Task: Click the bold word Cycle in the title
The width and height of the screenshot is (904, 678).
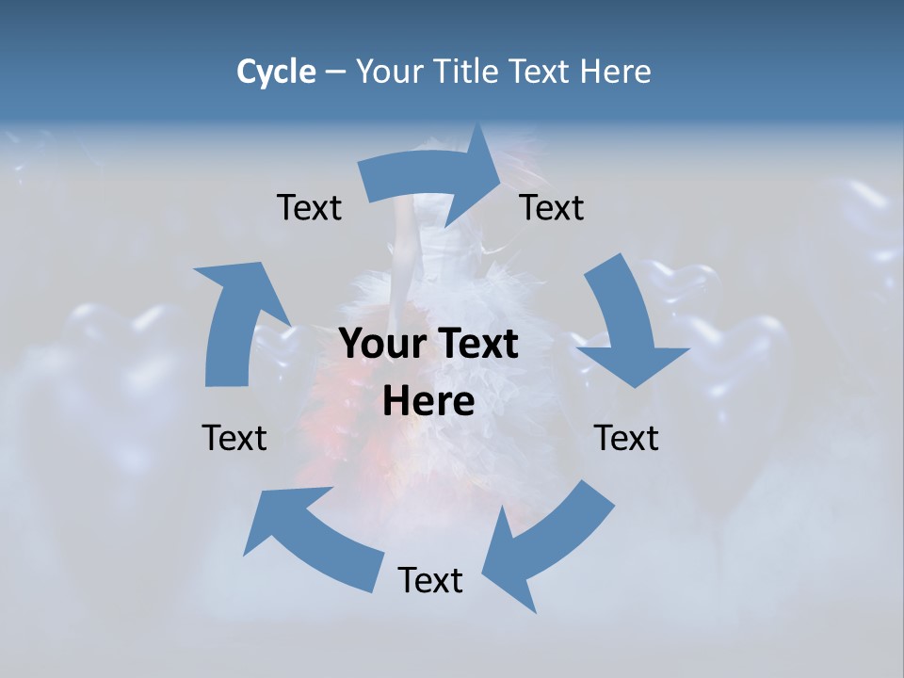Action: pyautogui.click(x=275, y=72)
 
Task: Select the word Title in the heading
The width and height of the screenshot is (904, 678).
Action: pyautogui.click(x=471, y=72)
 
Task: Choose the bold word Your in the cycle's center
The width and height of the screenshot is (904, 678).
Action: pyautogui.click(x=382, y=345)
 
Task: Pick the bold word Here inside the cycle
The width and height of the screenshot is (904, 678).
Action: pyautogui.click(x=428, y=402)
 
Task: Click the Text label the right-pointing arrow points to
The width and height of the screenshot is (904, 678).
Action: pyautogui.click(x=552, y=207)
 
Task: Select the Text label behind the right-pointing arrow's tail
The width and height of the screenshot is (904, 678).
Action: pyautogui.click(x=309, y=207)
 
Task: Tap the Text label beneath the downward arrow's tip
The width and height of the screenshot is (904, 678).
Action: pyautogui.click(x=626, y=438)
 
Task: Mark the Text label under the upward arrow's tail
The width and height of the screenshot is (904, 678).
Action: pyautogui.click(x=234, y=438)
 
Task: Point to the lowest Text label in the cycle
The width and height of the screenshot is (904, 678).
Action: pyautogui.click(x=430, y=580)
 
